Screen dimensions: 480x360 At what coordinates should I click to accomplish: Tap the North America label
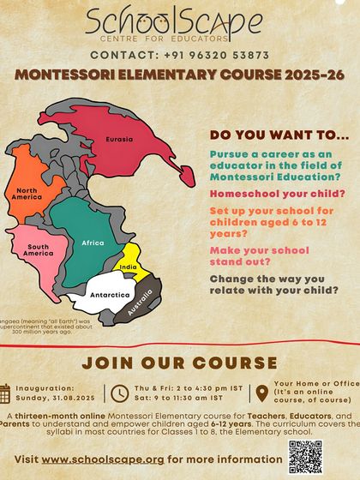[x=27, y=195]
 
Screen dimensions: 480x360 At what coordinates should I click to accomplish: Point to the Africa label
[x=93, y=243]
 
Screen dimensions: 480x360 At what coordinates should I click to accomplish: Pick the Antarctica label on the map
[x=110, y=295]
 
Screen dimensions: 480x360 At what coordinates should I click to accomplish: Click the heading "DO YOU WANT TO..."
[x=266, y=135]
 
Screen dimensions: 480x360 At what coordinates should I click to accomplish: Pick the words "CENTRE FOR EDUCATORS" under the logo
[x=179, y=40]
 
